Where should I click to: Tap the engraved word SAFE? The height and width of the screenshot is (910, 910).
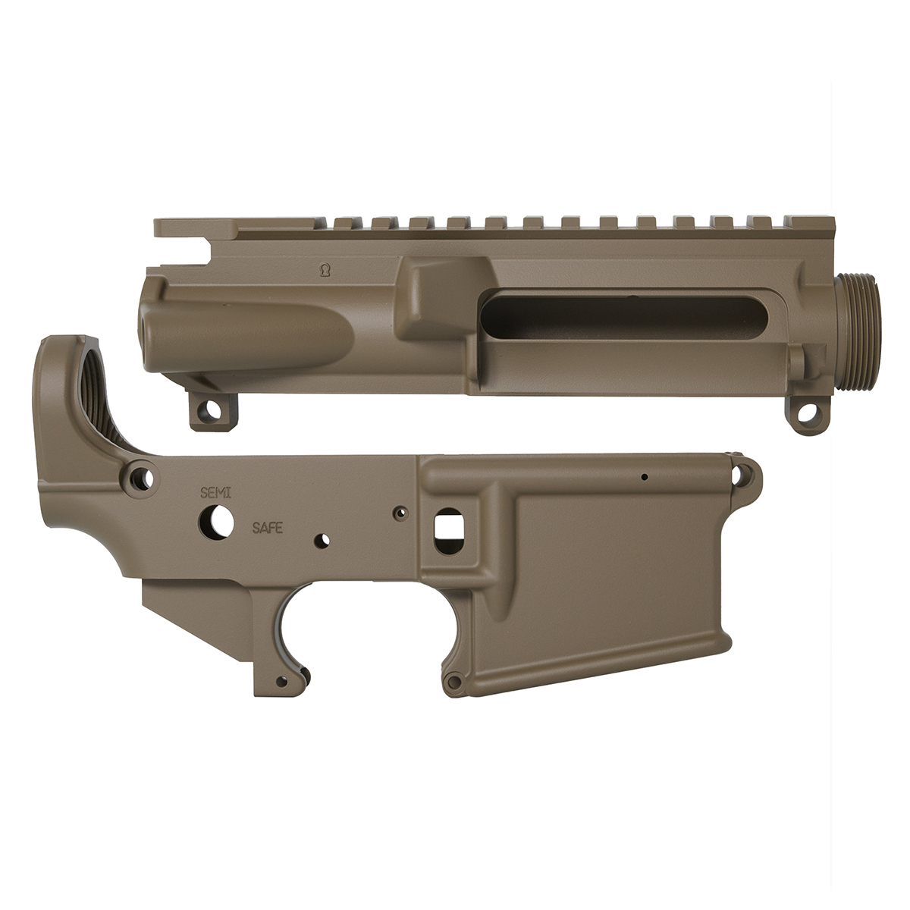tap(268, 528)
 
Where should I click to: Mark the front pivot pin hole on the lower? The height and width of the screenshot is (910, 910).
tap(740, 475)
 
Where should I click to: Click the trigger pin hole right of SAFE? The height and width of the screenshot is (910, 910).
tap(324, 540)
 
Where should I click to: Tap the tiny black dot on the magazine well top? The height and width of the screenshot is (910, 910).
tap(644, 478)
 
